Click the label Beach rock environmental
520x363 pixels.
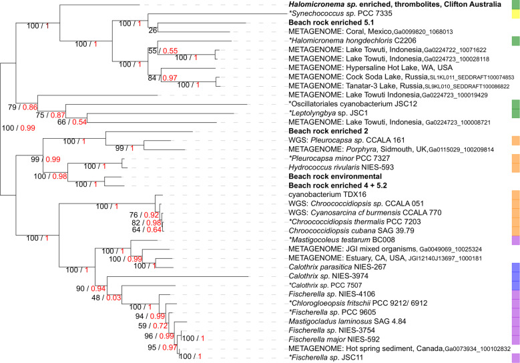(326, 176)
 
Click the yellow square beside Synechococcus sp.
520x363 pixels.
(515, 13)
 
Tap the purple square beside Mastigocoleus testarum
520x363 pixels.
(515, 239)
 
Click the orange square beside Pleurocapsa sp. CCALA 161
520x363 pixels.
(515, 141)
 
